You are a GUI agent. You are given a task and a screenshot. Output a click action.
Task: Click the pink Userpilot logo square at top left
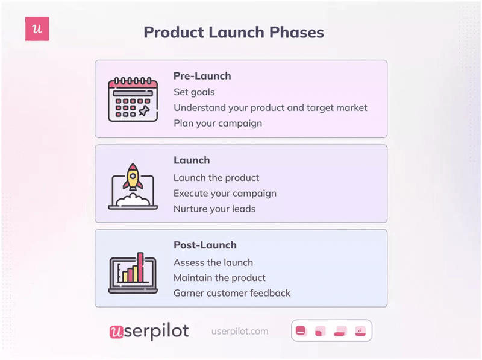pos(37,29)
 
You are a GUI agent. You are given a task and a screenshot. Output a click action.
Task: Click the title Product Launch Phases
pos(234,32)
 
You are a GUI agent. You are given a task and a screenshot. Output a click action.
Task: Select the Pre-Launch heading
pos(202,76)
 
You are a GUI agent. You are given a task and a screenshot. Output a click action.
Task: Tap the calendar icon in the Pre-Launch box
pos(133,99)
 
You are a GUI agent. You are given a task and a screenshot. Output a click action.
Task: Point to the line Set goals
pos(194,92)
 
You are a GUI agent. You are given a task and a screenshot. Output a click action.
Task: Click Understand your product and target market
pos(270,108)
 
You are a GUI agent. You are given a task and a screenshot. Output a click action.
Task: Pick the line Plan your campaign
pos(218,124)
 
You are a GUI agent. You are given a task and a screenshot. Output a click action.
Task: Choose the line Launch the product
pos(216,177)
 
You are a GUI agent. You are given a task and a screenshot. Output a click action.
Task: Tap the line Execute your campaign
pos(225,194)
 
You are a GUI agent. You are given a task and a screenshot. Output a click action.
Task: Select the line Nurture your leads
pos(214,209)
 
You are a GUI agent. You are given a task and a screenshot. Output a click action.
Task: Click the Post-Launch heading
pos(205,245)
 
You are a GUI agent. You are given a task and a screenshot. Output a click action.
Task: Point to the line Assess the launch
pos(213,262)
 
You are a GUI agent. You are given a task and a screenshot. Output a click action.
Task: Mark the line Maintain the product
pos(219,278)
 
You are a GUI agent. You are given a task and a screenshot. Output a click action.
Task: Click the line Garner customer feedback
pos(232,294)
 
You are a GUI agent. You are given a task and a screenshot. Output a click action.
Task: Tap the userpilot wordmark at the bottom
pos(149,331)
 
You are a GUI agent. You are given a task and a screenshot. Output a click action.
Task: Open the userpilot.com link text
pos(240,332)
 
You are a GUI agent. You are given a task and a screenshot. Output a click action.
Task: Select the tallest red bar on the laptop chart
pos(140,267)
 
